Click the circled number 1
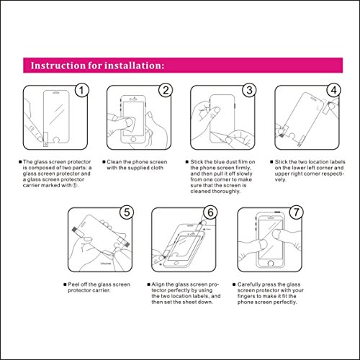[x=82, y=90]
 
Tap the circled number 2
[x=166, y=90]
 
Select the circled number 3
[x=250, y=90]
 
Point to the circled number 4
[x=334, y=90]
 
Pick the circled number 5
[x=127, y=212]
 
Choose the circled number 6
[x=210, y=212]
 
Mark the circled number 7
[x=297, y=212]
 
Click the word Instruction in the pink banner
[x=58, y=66]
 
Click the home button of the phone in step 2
[x=133, y=140]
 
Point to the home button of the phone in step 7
[x=271, y=264]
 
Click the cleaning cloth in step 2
[x=129, y=125]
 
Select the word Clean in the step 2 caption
[x=114, y=162]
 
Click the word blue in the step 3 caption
[x=219, y=162]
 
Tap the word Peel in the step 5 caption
[x=73, y=284]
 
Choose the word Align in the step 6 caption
[x=158, y=284]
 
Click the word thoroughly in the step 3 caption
[x=228, y=192]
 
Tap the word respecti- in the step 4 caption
[x=331, y=174]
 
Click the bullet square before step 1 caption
[x=20, y=162]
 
